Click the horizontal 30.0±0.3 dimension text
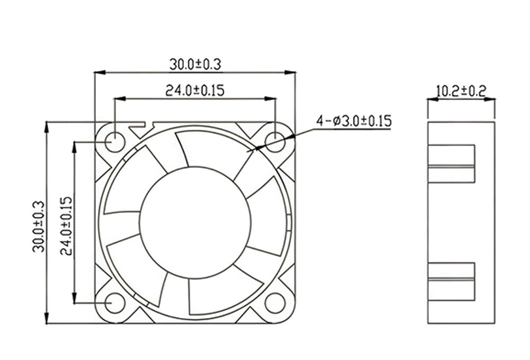(195, 64)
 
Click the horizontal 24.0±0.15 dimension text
(195, 90)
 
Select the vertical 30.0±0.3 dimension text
(38, 225)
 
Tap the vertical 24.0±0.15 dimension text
(66, 225)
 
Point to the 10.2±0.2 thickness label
(461, 91)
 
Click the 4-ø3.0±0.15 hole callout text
(354, 121)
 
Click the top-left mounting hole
(114, 142)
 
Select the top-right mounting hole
(275, 141)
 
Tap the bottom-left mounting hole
(114, 303)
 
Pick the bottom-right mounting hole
(275, 303)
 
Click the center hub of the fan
(195, 222)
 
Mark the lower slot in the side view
(451, 281)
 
